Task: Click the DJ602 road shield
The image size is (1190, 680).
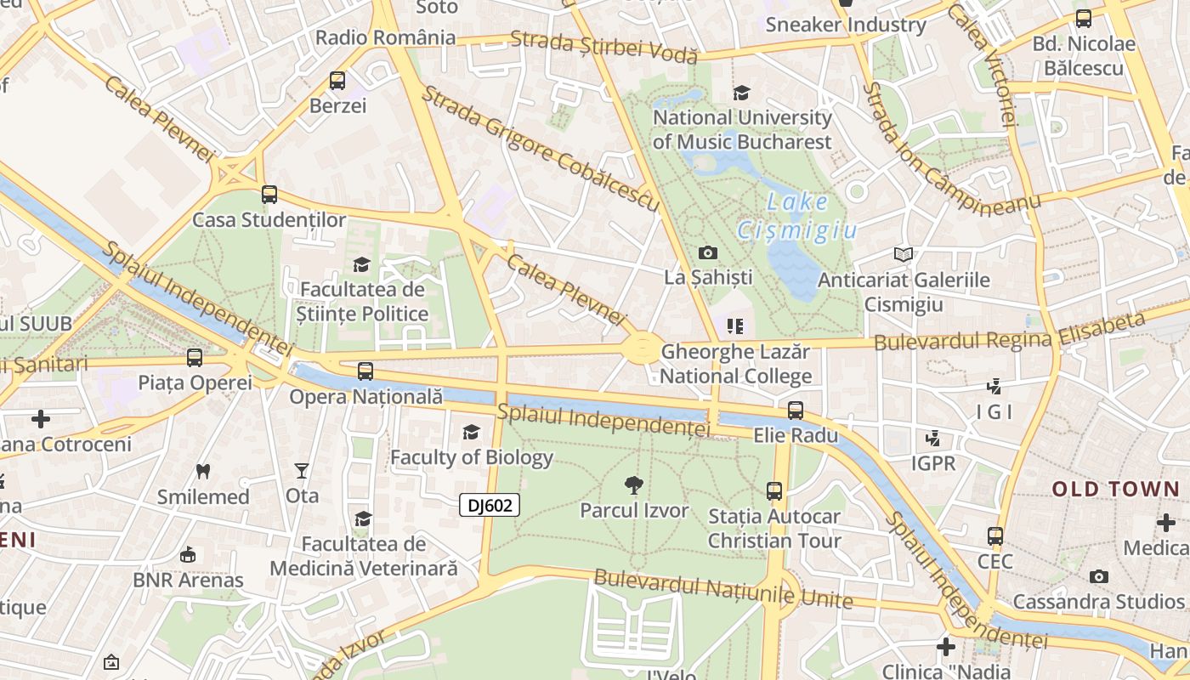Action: (490, 506)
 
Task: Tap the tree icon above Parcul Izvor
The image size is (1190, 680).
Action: (633, 485)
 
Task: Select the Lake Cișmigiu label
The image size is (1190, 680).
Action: (796, 216)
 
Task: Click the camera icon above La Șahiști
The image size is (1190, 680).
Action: (707, 252)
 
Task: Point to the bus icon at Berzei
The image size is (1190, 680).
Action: (337, 81)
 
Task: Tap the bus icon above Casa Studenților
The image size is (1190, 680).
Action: (269, 195)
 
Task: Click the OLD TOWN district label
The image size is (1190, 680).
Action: (1115, 489)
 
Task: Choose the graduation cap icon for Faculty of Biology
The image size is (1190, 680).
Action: (471, 433)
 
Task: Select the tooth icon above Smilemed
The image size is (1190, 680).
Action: (202, 471)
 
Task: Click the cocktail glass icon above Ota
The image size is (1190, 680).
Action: (301, 470)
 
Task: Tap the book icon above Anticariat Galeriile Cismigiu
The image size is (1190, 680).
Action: (903, 254)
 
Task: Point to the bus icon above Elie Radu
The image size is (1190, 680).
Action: (796, 411)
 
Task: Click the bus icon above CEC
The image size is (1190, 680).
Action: (995, 536)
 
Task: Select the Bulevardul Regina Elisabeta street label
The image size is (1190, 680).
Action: (1010, 333)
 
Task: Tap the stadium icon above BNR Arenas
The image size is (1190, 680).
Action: (187, 555)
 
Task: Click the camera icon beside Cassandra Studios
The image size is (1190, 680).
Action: (1098, 577)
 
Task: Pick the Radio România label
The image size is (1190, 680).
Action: (385, 37)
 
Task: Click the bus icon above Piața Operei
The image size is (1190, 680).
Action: (195, 358)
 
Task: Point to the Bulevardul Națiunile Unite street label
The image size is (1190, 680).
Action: (722, 589)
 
